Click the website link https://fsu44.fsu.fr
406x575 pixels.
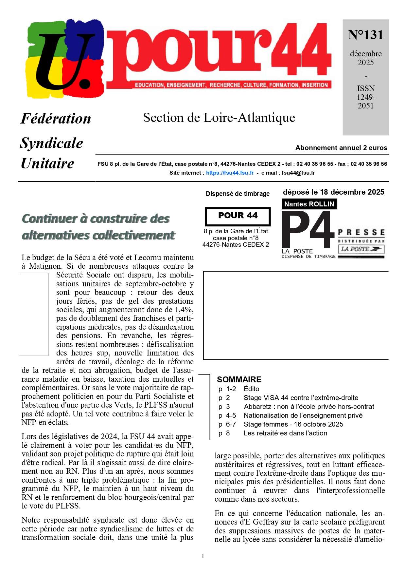[230, 173]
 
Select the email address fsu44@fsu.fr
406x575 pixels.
[298, 173]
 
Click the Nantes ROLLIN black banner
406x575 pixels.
[309, 204]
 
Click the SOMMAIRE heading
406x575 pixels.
[239, 379]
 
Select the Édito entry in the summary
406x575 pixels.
[251, 389]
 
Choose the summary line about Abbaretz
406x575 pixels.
[309, 407]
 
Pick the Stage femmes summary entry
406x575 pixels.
[293, 424]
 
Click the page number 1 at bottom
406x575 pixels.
[203, 556]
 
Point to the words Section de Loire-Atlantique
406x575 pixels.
[219, 118]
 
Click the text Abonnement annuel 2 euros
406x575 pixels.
[341, 148]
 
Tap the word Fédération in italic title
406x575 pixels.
[56, 119]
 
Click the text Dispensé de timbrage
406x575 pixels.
[238, 194]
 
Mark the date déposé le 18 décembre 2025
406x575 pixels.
[333, 192]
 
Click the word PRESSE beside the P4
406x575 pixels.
[361, 233]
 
